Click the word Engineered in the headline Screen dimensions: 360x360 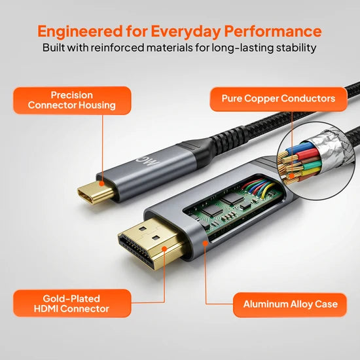coord(80,31)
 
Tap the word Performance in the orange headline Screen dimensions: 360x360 coord(273,31)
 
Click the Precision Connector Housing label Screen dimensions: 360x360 coord(72,100)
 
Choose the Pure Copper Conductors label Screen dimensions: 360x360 coord(278,99)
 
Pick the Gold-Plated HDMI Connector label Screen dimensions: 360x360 coord(72,303)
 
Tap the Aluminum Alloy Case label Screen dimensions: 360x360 coord(290,304)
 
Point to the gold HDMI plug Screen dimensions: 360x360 coord(151,243)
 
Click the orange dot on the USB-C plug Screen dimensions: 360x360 coord(101,184)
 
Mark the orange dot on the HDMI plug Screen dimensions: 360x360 coord(164,249)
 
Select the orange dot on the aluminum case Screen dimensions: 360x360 coord(206,243)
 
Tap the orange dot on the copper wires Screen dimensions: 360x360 coord(292,176)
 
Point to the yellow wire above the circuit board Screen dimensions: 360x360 coord(268,189)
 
